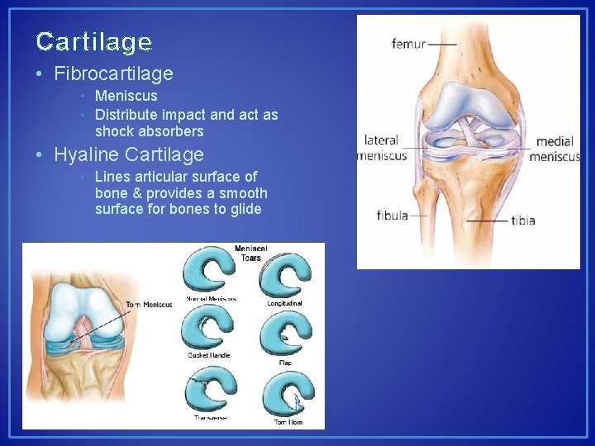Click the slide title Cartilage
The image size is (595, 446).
click(x=94, y=41)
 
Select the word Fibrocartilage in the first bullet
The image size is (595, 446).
click(x=113, y=74)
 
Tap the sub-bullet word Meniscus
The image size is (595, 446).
click(x=126, y=96)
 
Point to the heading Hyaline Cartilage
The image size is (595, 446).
click(x=128, y=154)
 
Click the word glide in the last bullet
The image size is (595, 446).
click(x=245, y=209)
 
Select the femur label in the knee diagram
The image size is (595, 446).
click(x=408, y=44)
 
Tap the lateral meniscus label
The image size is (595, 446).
click(x=381, y=148)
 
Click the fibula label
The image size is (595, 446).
click(x=393, y=216)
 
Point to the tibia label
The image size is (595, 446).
click(x=523, y=221)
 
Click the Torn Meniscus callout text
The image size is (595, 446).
click(x=149, y=305)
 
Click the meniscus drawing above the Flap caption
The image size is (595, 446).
click(x=285, y=334)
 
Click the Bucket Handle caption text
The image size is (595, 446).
click(x=208, y=356)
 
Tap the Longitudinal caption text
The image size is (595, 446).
click(x=285, y=303)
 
